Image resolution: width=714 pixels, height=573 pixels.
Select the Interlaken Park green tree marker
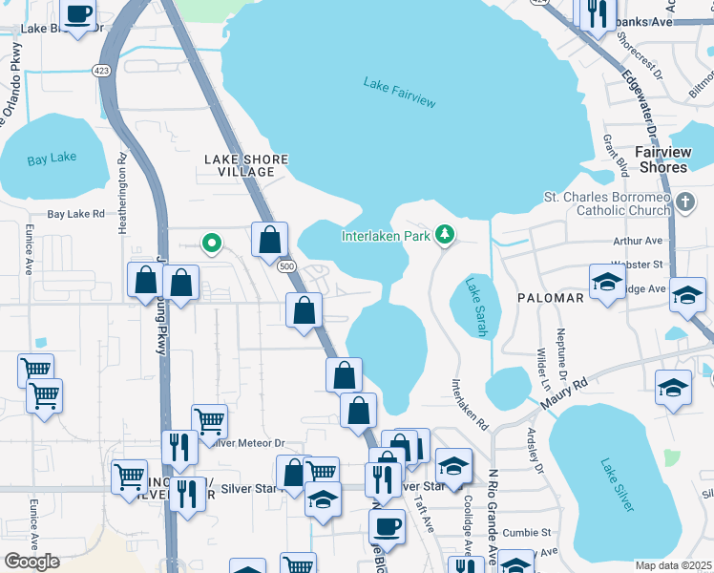[444, 234]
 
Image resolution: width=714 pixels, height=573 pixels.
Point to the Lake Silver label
[617, 484]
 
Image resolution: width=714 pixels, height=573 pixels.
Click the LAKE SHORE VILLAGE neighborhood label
[239, 165]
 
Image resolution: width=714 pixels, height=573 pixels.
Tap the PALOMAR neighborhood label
[550, 298]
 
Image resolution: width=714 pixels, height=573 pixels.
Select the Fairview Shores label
[674, 159]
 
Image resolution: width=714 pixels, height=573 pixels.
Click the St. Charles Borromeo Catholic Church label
[607, 204]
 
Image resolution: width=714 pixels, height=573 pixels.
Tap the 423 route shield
[101, 71]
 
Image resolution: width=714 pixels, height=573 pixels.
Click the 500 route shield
[286, 268]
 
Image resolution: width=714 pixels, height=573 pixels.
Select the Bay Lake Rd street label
[75, 215]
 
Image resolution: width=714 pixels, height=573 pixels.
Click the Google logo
[31, 561]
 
